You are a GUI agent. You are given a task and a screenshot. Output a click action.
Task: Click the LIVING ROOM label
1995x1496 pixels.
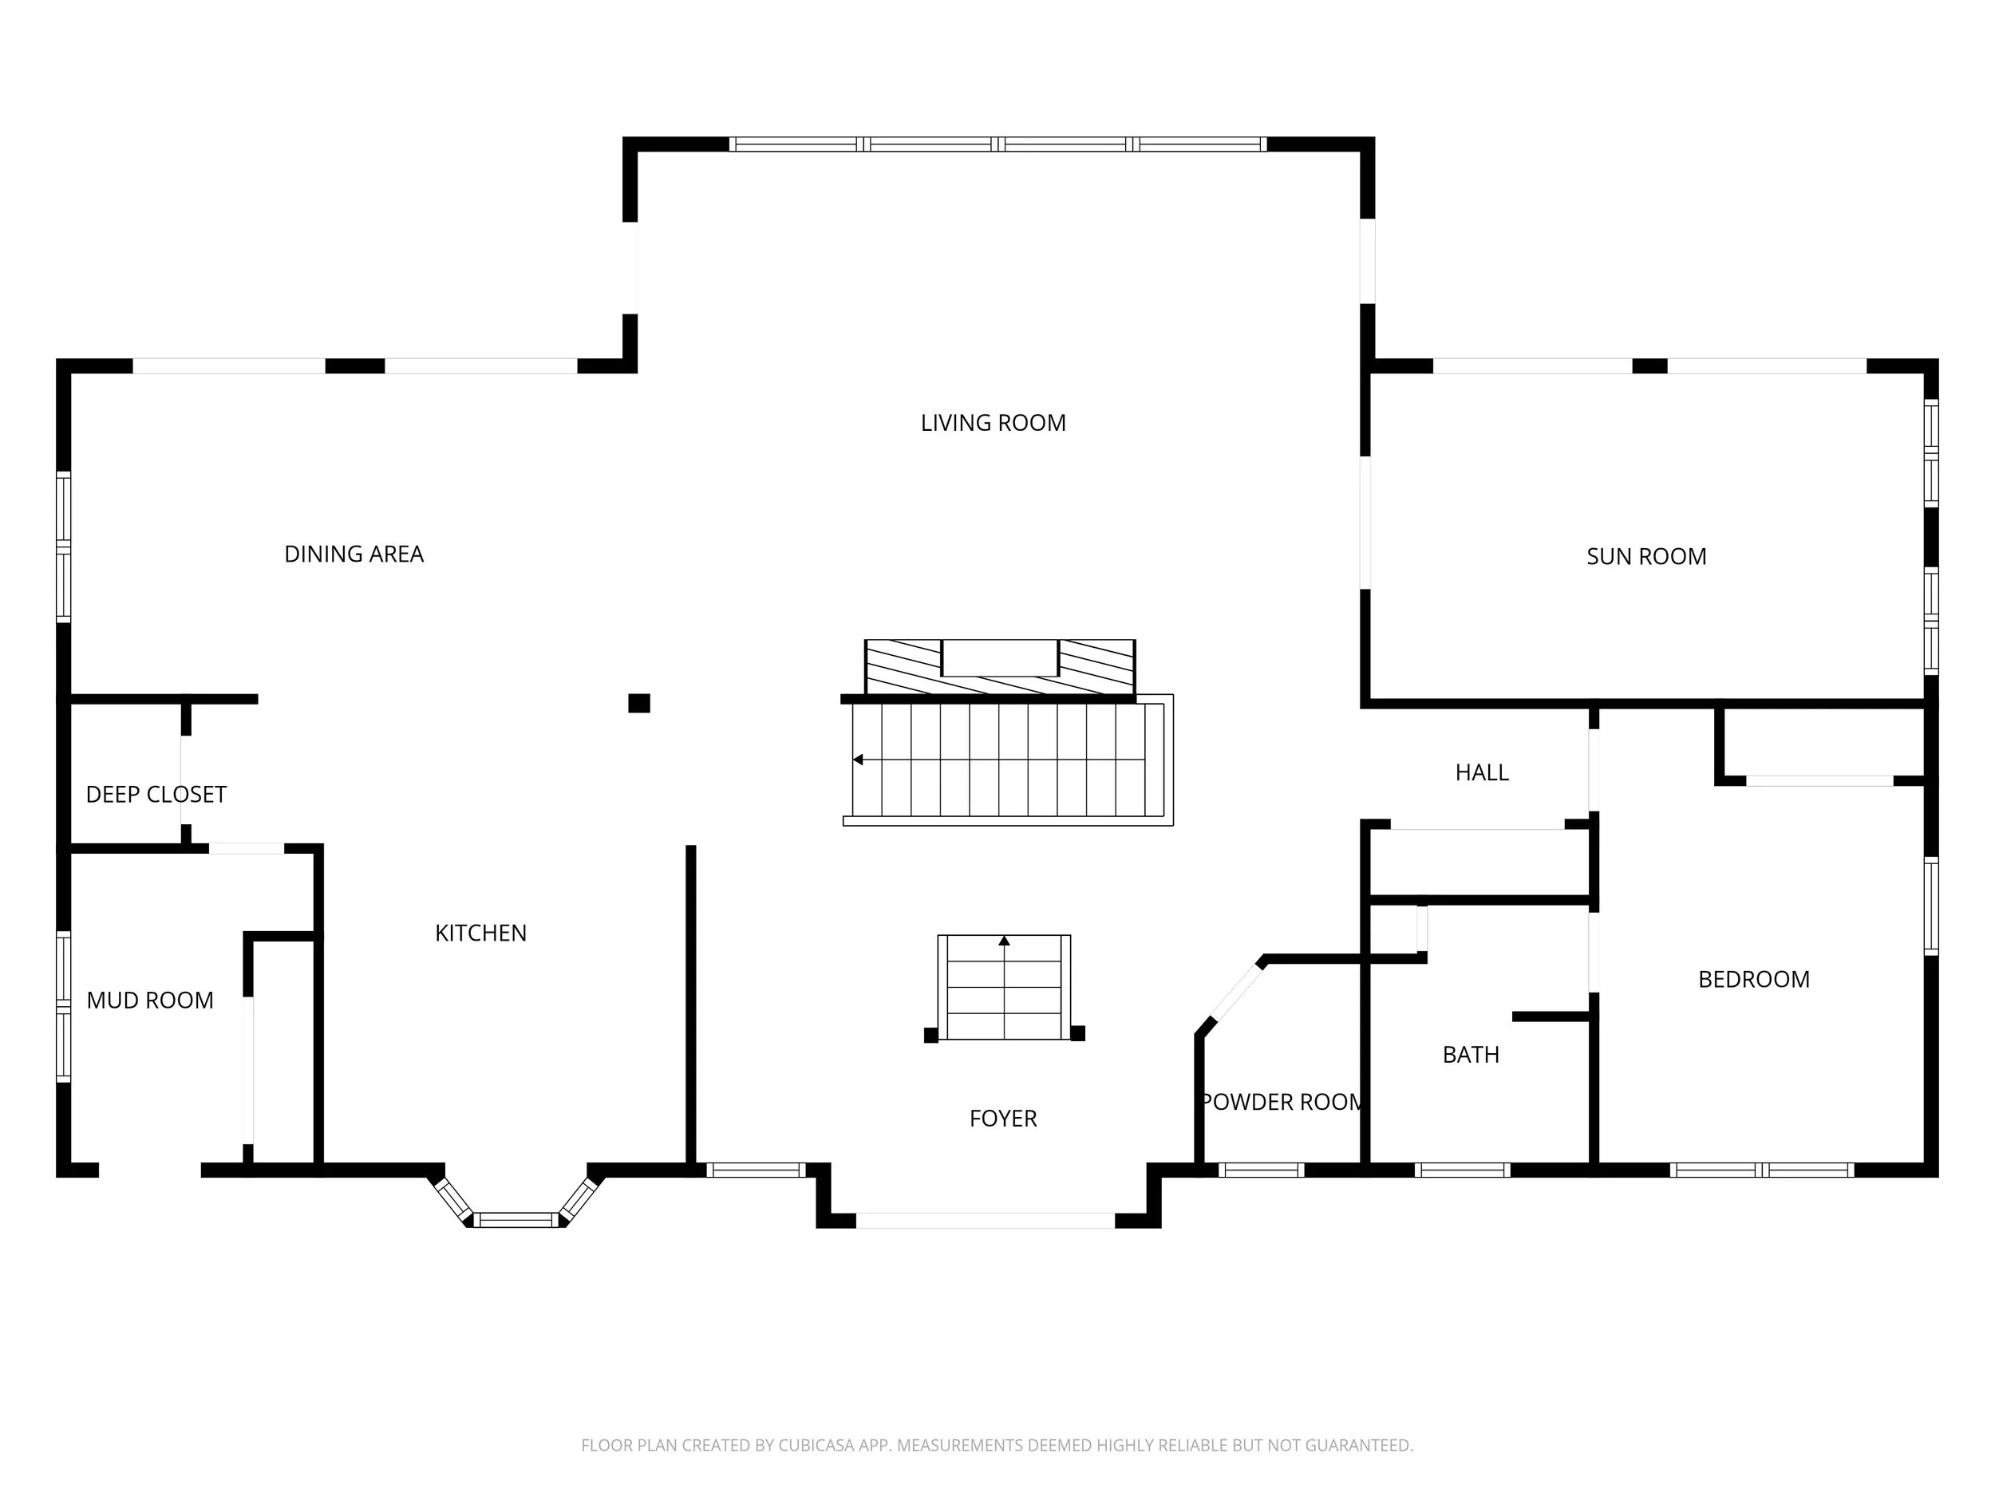993,423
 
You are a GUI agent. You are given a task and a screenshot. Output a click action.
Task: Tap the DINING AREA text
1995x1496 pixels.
354,554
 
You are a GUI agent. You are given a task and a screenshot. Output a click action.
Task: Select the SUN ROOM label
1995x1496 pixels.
1646,556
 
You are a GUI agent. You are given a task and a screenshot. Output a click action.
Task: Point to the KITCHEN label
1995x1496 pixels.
480,933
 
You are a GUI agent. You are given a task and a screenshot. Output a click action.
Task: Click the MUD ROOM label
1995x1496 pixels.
150,1000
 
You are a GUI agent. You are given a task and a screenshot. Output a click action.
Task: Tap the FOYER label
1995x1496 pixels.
1003,1118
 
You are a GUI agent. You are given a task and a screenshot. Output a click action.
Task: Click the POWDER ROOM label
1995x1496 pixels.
1281,1102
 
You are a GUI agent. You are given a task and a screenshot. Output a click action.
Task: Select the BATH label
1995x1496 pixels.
1470,1054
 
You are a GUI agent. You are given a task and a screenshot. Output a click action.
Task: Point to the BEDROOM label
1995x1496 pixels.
1753,979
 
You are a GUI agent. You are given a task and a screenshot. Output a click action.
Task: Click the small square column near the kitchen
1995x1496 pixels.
638,704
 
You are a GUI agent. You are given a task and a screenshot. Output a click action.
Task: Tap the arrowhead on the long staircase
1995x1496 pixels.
858,760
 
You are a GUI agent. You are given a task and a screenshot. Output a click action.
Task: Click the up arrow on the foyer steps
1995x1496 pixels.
1004,941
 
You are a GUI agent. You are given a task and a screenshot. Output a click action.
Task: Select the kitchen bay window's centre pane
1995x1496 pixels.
517,1220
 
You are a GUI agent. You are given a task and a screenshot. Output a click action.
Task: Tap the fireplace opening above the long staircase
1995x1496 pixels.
999,657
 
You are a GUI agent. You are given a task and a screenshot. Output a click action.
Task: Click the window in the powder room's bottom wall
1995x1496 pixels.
1261,1170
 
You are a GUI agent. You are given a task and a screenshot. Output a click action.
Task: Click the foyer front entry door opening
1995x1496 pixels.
985,1221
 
